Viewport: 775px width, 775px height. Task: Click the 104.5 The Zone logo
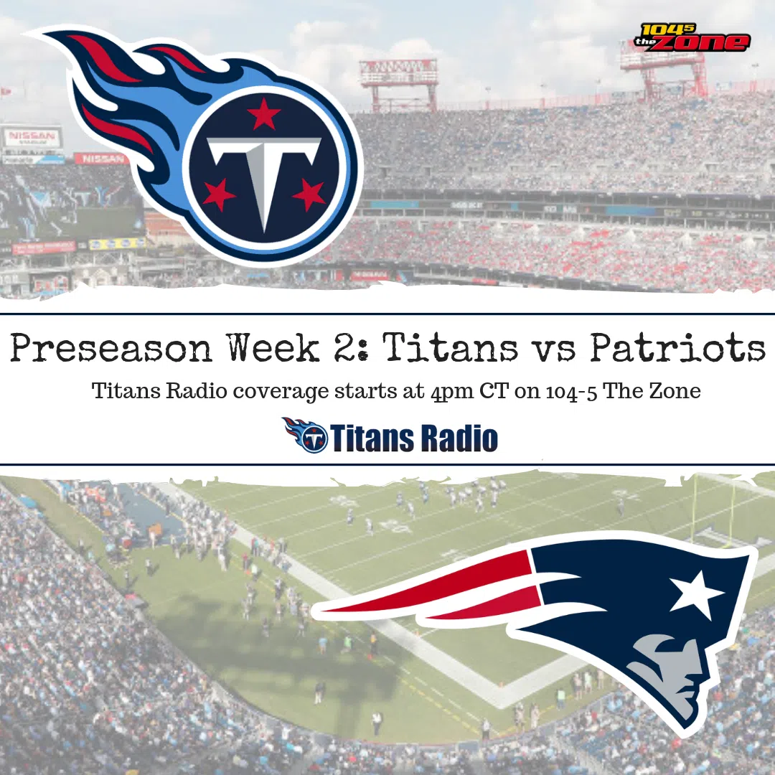tap(692, 37)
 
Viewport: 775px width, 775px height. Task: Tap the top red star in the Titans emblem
tap(264, 113)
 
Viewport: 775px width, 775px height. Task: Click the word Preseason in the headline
tap(111, 349)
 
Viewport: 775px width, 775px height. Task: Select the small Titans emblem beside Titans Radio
tap(304, 435)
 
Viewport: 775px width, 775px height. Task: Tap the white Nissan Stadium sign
tap(32, 137)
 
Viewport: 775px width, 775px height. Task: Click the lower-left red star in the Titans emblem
tap(218, 194)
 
